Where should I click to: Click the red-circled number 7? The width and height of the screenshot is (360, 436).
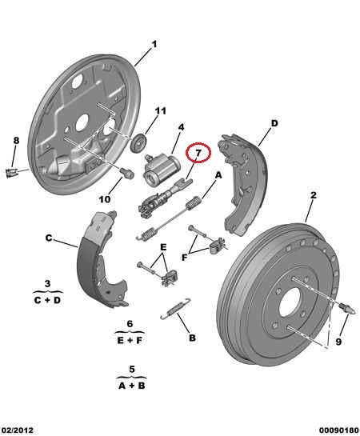pos(198,153)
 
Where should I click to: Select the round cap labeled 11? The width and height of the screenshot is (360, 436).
pos(138,143)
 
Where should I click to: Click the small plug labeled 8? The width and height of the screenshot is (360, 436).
pos(11,173)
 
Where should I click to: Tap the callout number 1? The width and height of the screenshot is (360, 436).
pos(154,44)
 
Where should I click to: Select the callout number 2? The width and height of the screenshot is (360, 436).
pos(314,195)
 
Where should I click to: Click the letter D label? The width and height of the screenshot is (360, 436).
pos(274,123)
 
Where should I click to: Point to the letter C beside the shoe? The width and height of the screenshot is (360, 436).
pos(49,238)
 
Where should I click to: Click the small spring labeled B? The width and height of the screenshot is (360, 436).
pos(175,309)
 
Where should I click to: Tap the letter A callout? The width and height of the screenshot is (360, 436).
pos(218,175)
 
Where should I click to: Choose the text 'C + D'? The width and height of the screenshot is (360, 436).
pos(47,300)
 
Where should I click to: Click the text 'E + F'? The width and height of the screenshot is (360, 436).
pos(130,340)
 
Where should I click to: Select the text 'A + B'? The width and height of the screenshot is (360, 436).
pos(131,386)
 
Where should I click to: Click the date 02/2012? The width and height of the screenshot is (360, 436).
pos(18,430)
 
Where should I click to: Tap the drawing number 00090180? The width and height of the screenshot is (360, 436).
pos(339,430)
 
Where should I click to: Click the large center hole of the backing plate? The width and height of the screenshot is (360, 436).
pos(82,122)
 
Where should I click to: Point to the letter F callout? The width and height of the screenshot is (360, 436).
pos(184,258)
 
